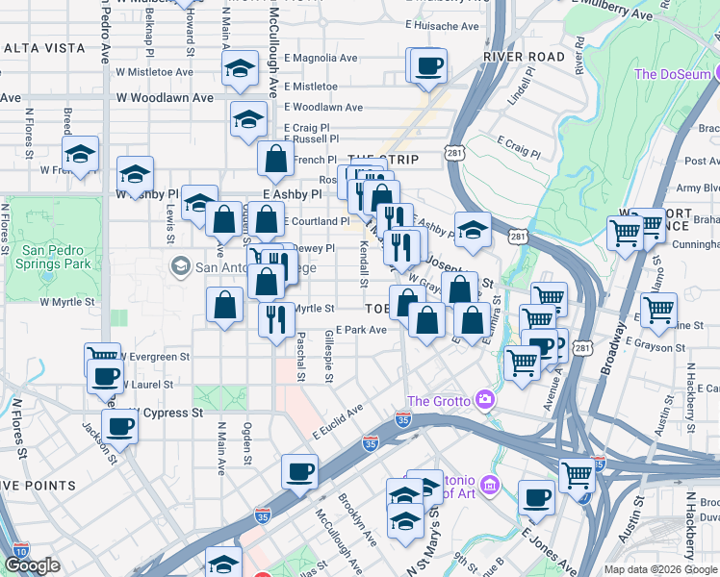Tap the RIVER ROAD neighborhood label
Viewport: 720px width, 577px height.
click(x=525, y=58)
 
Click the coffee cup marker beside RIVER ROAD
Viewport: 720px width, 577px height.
click(x=427, y=67)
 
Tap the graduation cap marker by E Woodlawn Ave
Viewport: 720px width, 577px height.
click(x=248, y=120)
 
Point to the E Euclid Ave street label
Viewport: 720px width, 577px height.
click(x=337, y=422)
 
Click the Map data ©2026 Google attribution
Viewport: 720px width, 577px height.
click(x=660, y=569)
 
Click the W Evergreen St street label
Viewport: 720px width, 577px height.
click(x=152, y=357)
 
